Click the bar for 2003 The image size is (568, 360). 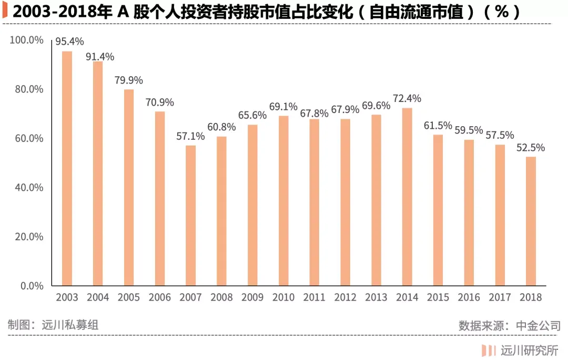[67, 168]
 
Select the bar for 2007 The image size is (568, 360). [190, 215]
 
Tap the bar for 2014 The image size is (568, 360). [407, 197]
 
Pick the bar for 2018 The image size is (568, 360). [531, 221]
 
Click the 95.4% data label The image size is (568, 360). [69, 42]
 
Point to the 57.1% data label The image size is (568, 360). [190, 136]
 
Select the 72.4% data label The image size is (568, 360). [407, 98]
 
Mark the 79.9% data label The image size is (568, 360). [129, 80]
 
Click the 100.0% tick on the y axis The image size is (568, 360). [26, 40]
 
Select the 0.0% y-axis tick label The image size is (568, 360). [31, 286]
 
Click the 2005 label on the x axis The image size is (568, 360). [129, 297]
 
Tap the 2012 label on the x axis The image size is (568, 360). [345, 297]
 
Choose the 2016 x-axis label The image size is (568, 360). [469, 297]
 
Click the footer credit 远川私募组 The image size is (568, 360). [70, 325]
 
